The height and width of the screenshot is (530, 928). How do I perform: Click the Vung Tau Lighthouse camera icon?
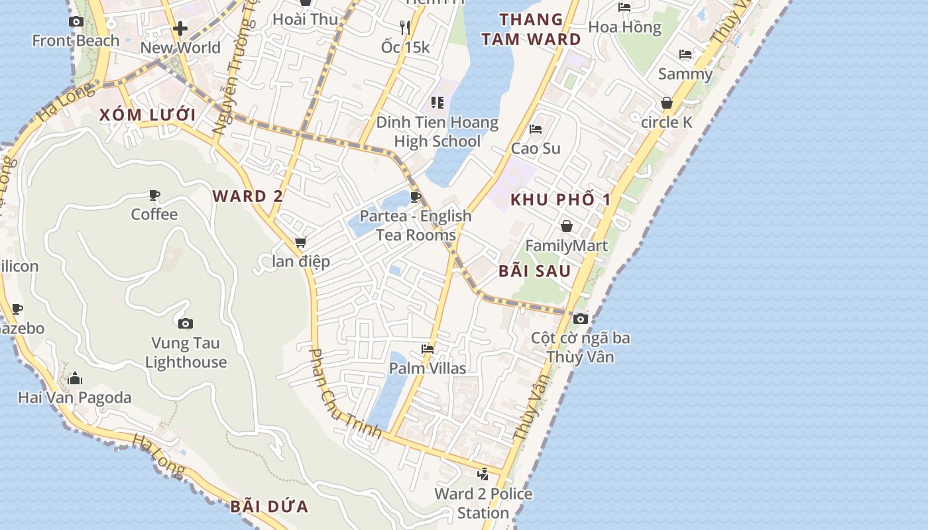(186, 323)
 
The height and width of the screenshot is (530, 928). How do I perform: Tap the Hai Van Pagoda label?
(74, 397)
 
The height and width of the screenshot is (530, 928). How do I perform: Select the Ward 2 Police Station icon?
(483, 474)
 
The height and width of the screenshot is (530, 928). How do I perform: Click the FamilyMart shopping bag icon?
(566, 226)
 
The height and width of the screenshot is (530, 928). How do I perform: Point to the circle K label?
(667, 122)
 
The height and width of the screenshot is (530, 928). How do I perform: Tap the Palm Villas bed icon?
(428, 348)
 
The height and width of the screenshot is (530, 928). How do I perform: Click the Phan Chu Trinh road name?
(344, 394)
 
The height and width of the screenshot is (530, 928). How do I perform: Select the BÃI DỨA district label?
(269, 507)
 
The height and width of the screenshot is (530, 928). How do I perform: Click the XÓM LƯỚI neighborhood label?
(147, 115)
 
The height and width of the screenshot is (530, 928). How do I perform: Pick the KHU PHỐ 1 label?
(560, 199)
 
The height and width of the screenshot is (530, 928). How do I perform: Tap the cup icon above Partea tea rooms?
(416, 197)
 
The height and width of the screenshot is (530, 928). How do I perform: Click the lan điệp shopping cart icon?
(301, 242)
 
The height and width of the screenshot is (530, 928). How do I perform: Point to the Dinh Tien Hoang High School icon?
(437, 102)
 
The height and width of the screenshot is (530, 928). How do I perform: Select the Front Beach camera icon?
(76, 21)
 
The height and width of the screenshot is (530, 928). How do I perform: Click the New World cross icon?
(180, 28)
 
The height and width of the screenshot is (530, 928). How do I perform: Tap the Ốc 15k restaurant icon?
(405, 27)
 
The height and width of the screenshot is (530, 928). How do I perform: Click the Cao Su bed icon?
(536, 129)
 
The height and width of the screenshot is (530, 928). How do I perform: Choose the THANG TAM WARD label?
(531, 29)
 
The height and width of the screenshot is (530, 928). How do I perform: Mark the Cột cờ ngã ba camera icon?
(581, 319)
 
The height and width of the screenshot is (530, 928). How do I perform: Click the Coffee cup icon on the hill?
(154, 195)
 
